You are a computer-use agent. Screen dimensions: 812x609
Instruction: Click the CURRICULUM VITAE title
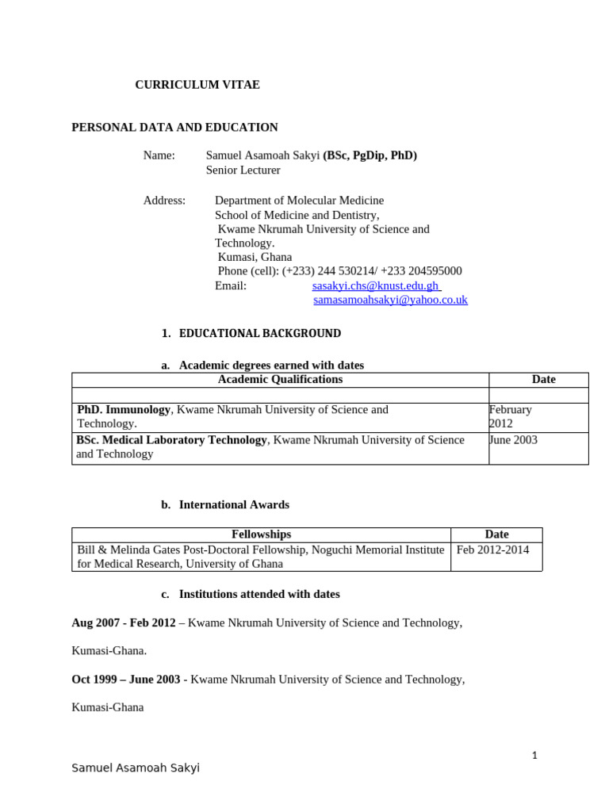[x=197, y=85]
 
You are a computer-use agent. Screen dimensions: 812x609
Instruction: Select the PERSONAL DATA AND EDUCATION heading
[x=174, y=127]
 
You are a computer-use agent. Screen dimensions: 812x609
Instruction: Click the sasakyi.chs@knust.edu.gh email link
[x=376, y=285]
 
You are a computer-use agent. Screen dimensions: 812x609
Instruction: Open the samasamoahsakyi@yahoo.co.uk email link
[x=390, y=300]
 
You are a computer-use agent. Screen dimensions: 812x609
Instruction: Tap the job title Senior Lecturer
[x=243, y=170]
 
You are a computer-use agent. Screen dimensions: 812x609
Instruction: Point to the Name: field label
[x=159, y=155]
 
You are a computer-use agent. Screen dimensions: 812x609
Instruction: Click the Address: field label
[x=164, y=201]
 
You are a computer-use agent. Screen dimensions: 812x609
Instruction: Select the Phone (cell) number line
[x=339, y=271]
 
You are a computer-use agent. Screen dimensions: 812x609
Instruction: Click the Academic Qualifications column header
[x=280, y=380]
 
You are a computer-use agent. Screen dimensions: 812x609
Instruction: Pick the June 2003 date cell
[x=514, y=440]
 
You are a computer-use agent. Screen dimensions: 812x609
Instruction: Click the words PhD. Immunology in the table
[x=124, y=410]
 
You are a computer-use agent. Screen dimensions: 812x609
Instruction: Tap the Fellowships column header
[x=261, y=534]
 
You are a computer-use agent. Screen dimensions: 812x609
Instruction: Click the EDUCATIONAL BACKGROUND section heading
[x=260, y=334]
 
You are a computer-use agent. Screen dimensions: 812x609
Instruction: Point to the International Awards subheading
[x=234, y=504]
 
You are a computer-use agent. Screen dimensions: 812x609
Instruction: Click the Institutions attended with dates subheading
[x=259, y=594]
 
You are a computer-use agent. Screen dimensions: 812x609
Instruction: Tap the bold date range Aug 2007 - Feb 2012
[x=124, y=623]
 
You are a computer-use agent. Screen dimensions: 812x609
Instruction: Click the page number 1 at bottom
[x=535, y=756]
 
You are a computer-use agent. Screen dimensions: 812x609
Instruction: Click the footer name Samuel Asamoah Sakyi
[x=136, y=768]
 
